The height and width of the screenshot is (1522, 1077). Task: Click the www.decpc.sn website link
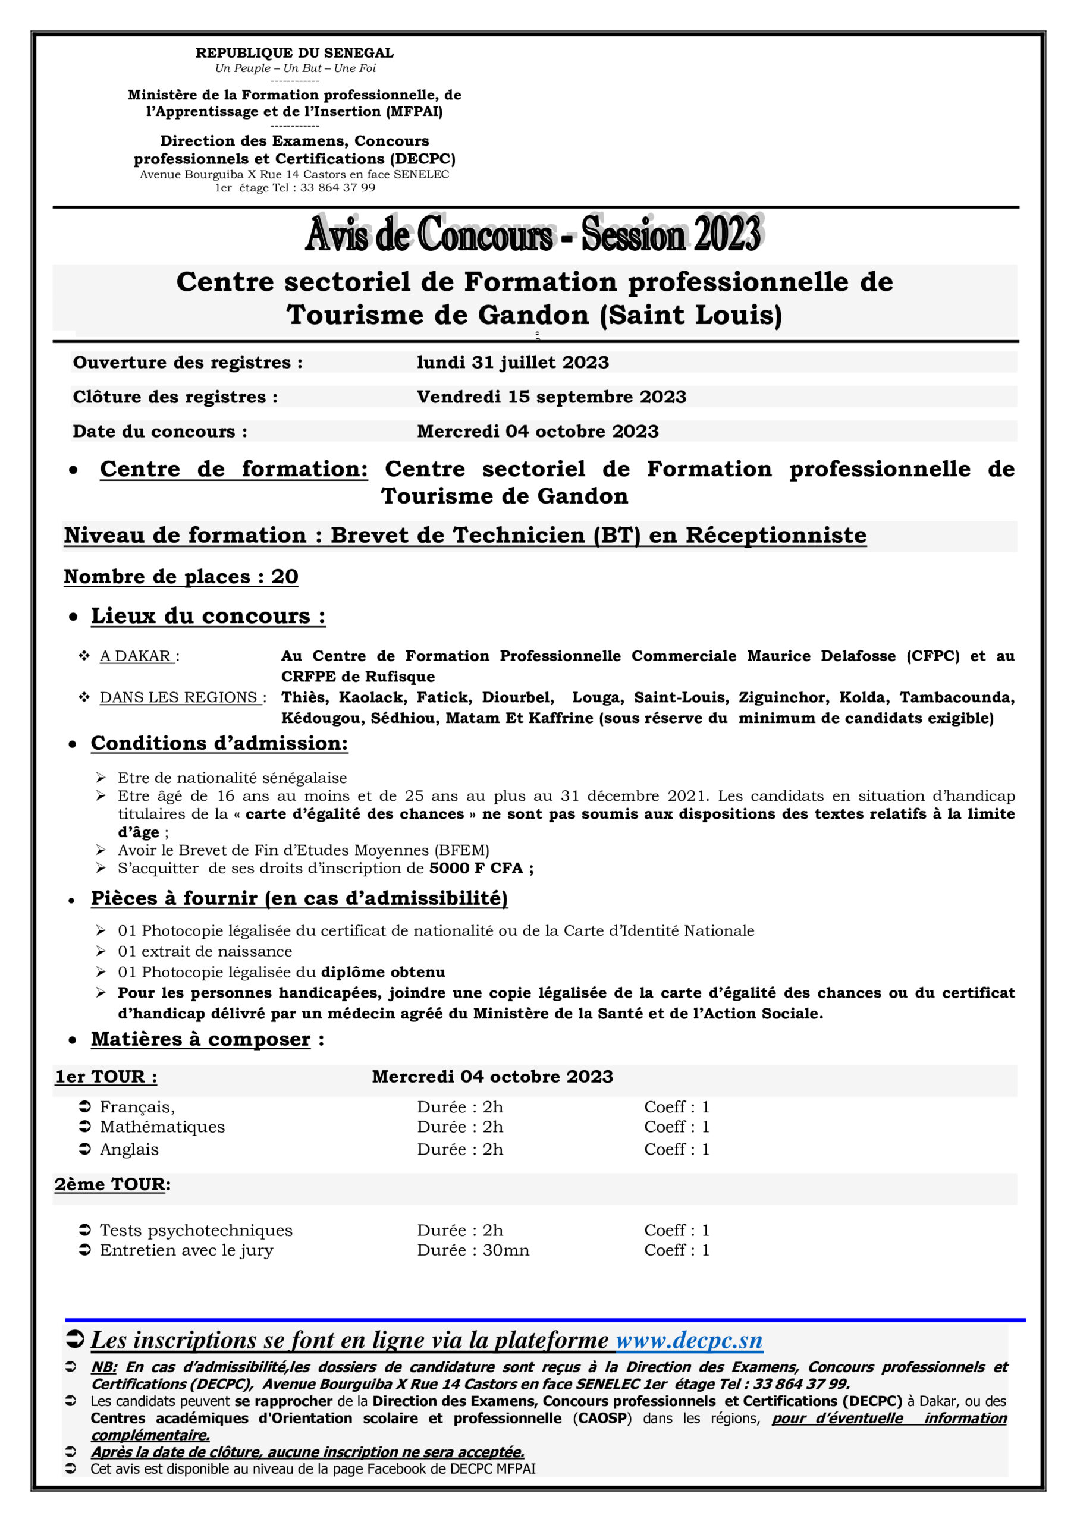(x=689, y=1339)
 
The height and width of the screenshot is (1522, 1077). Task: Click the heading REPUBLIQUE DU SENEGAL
(x=294, y=53)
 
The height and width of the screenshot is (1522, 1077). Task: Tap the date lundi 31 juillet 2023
(x=513, y=362)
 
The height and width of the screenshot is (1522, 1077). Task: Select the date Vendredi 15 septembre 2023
(x=551, y=397)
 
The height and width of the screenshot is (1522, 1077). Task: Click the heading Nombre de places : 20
(x=181, y=576)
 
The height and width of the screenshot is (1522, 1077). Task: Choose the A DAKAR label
(x=137, y=656)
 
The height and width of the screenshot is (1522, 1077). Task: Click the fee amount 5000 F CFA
(x=477, y=868)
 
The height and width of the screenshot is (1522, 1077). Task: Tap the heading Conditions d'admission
(x=219, y=743)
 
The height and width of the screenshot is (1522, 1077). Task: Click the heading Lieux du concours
(x=208, y=615)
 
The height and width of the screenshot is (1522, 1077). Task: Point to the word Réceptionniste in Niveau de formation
(x=775, y=535)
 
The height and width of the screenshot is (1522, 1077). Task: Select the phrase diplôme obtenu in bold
(x=382, y=972)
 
